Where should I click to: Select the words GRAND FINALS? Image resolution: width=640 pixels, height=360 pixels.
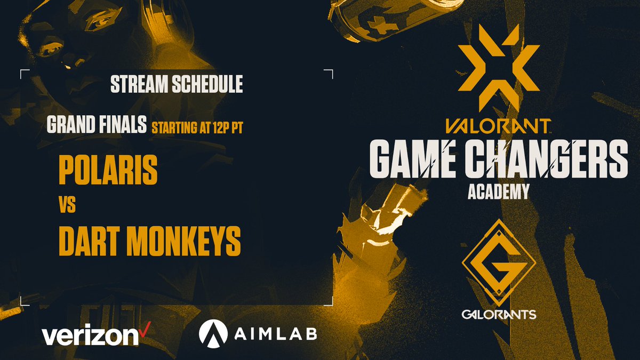point(96,126)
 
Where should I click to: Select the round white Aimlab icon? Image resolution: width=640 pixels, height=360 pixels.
point(212,332)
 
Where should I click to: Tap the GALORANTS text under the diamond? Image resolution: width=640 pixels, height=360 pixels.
point(499,315)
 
